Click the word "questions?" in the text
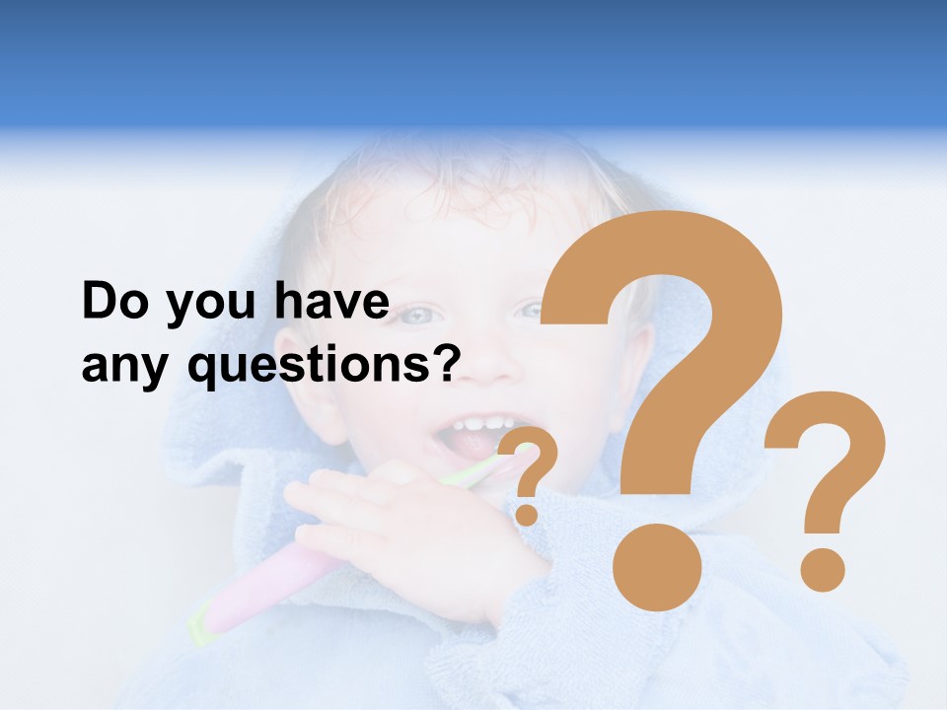(x=326, y=367)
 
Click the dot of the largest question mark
(x=657, y=568)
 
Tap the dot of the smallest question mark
(x=527, y=514)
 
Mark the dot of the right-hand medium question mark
(x=822, y=570)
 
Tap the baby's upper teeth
(x=482, y=424)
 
